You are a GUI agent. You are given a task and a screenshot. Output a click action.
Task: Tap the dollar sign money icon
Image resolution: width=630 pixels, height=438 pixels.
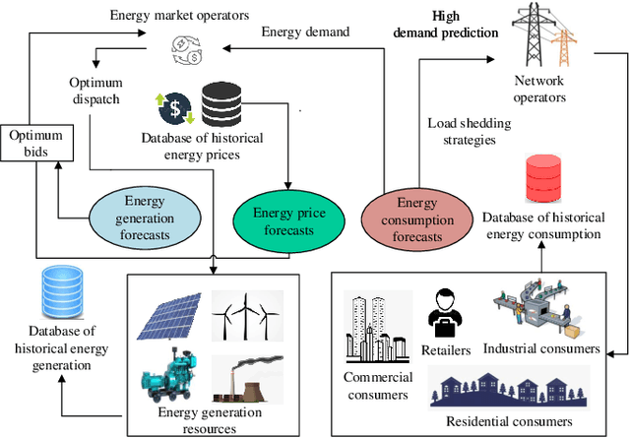(x=173, y=107)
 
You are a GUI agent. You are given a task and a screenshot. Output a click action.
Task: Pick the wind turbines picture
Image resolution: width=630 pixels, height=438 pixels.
(x=246, y=314)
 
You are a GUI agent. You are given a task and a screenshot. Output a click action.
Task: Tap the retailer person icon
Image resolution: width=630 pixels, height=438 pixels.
(x=445, y=316)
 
